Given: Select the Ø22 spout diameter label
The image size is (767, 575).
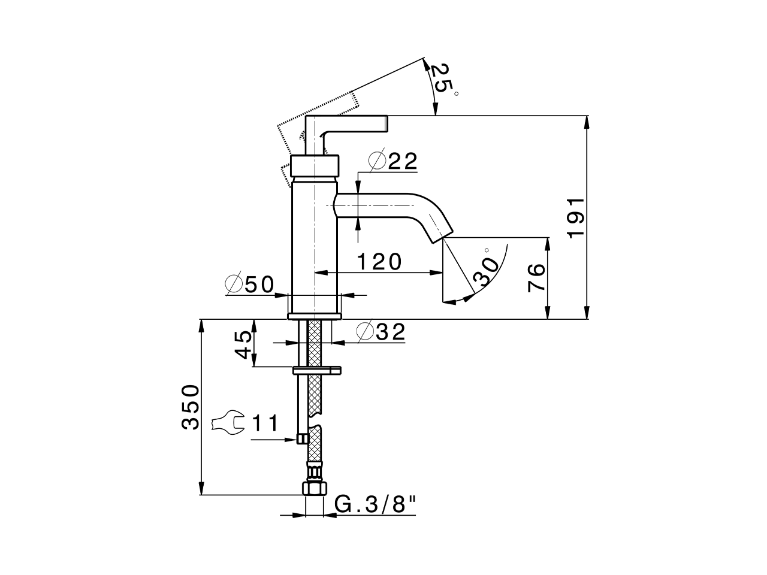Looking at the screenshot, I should pos(393,161).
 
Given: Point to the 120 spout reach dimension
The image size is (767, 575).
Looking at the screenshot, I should pos(379,262).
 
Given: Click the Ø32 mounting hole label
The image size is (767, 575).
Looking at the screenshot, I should pos(381,332).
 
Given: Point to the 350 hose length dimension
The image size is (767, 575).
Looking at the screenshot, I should pos(190,407).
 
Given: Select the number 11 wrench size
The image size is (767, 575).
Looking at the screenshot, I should pos(264,423).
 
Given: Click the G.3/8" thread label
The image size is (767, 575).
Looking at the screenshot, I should pos(375,505).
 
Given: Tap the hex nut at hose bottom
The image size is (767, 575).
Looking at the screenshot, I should pos(314,488).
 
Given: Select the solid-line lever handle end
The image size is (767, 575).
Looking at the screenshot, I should pos(383,124).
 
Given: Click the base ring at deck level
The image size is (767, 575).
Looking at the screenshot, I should pos(315,316).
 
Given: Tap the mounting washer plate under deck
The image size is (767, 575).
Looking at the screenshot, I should pos(317,370).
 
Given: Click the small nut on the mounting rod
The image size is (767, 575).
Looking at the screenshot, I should pos(301,439).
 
